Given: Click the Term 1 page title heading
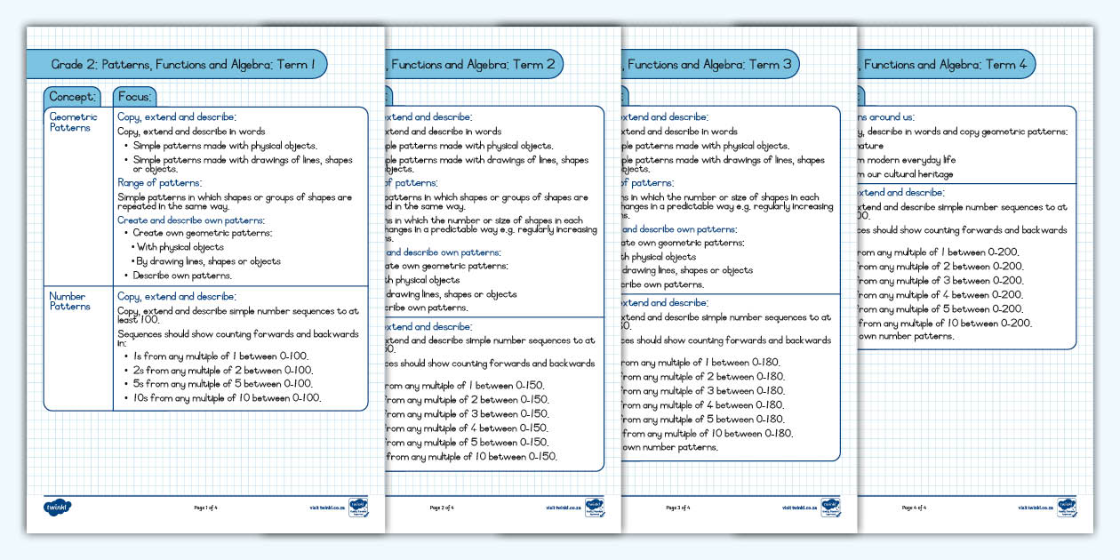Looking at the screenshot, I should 182,64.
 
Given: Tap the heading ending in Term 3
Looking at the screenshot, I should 708,64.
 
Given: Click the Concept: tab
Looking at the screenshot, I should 72,97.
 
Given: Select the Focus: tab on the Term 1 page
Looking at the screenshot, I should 135,97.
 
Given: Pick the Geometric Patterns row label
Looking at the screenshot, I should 74,122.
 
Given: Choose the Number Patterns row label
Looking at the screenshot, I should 70,301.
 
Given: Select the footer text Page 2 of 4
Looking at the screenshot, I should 442,508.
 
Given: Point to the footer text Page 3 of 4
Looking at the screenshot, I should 677,508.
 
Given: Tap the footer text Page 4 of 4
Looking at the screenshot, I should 914,508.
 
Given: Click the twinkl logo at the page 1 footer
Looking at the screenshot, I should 58,508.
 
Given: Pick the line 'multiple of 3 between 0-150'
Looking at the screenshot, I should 466,413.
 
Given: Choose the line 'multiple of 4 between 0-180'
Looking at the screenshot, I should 702,405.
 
